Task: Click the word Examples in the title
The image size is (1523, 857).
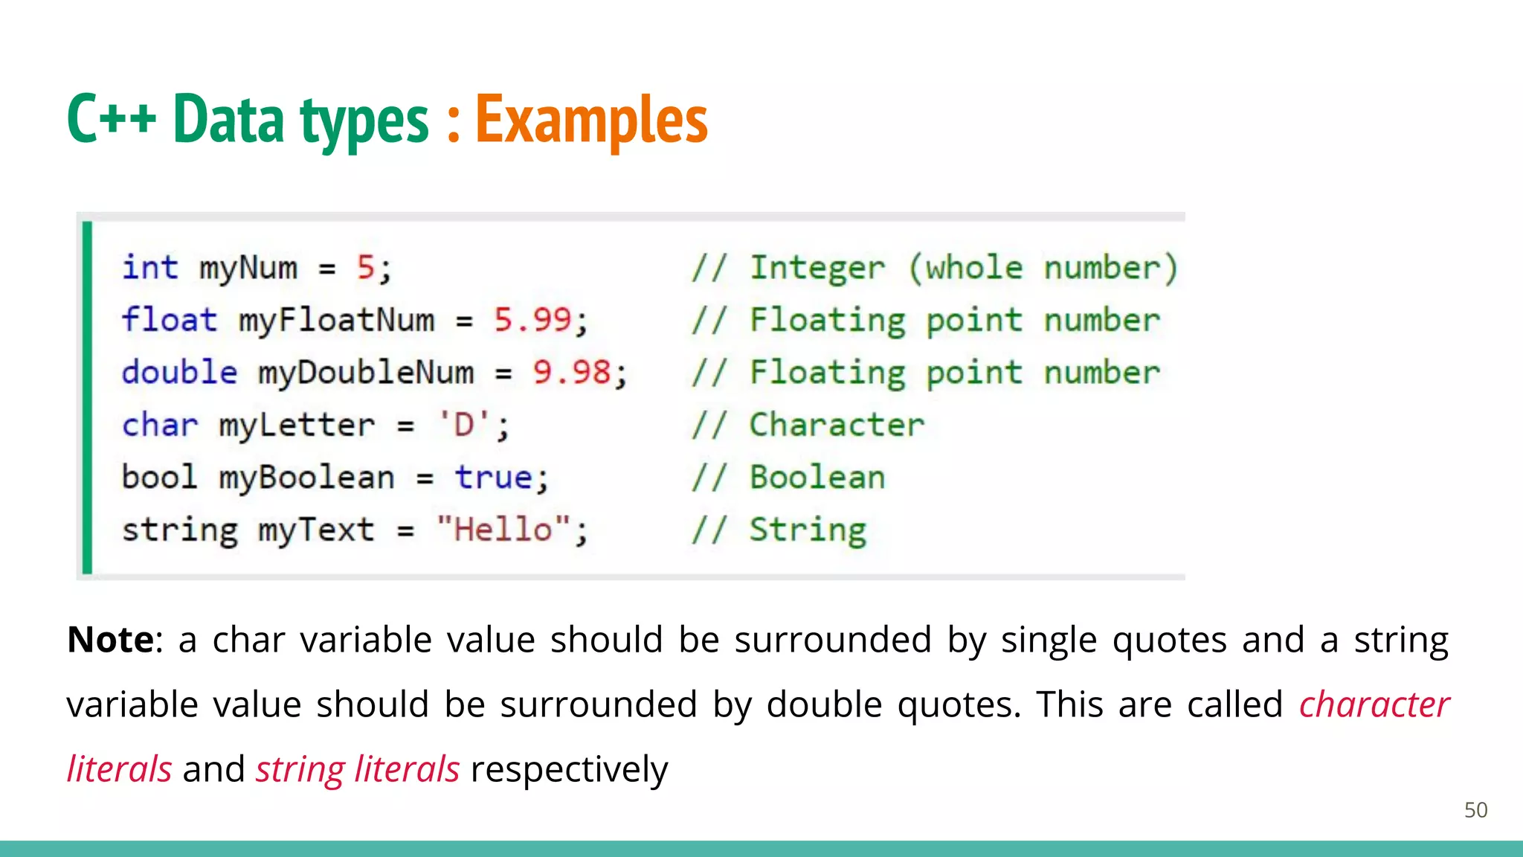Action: tap(591, 121)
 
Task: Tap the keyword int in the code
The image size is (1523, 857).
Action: tap(150, 268)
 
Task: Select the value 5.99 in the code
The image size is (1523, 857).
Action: tap(532, 320)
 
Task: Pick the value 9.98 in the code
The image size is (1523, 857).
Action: tap(571, 372)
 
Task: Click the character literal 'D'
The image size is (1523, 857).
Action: tap(465, 425)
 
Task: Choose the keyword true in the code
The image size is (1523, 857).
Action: tap(494, 478)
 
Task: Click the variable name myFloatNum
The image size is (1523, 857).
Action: tap(336, 321)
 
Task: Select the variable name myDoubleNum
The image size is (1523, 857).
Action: tap(366, 373)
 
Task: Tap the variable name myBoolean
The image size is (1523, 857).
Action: tap(306, 478)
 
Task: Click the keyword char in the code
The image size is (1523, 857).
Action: tap(160, 425)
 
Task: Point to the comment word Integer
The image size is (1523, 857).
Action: tap(817, 268)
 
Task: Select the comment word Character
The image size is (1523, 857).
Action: tap(837, 425)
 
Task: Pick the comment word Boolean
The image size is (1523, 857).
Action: tap(817, 478)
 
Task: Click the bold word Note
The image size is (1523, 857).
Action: tap(111, 640)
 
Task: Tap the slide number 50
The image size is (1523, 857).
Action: tap(1475, 810)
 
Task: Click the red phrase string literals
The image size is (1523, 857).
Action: tap(358, 769)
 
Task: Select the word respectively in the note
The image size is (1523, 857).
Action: tap(569, 769)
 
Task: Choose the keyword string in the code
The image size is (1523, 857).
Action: tap(180, 530)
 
